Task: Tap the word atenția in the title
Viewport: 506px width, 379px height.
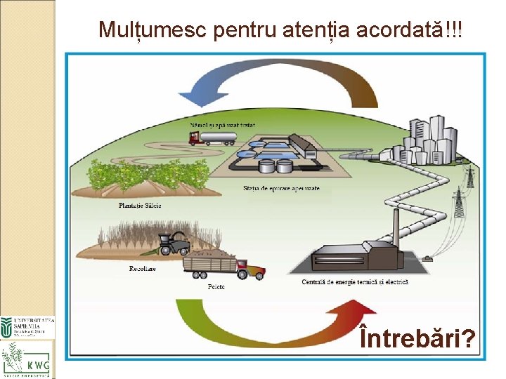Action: pos(316,29)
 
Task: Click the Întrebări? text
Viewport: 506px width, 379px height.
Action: pos(416,340)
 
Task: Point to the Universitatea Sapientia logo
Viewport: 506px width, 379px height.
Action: pos(27,326)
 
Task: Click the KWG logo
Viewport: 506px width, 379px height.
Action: pos(27,359)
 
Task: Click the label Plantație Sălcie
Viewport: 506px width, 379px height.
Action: pos(139,205)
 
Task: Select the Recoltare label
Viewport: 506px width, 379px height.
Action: pos(143,268)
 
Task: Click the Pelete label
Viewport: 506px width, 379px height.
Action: pos(216,286)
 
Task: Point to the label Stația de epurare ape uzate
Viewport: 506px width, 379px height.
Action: pos(281,189)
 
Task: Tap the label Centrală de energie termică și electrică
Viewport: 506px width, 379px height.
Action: pos(356,282)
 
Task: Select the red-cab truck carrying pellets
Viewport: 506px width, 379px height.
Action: pos(223,267)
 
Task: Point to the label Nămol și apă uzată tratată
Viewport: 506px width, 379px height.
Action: pos(222,124)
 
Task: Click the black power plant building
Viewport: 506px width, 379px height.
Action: pos(365,256)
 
